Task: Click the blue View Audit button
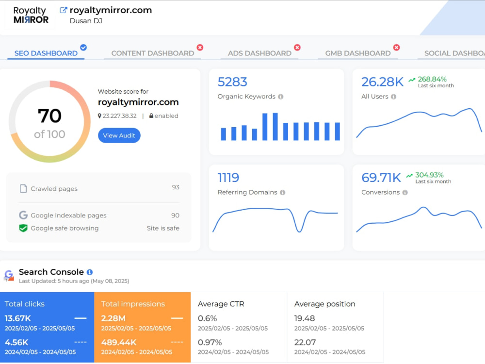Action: tap(119, 135)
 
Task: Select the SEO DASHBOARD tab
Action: tap(46, 53)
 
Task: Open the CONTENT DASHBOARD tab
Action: tap(152, 53)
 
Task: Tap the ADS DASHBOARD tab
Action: tap(259, 53)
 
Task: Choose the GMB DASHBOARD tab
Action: tap(358, 53)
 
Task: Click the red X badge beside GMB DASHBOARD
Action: tap(396, 48)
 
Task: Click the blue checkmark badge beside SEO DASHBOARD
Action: tap(83, 48)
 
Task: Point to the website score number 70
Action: tap(49, 116)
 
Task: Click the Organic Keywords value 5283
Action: tap(232, 82)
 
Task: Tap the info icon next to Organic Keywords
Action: tap(280, 97)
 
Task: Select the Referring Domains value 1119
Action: tap(228, 178)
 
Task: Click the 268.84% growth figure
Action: tap(432, 79)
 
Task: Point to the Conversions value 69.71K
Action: tap(381, 178)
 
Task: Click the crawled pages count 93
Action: tap(176, 187)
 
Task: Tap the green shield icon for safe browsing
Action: tap(23, 229)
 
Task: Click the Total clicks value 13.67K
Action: tap(17, 318)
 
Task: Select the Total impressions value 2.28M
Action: tap(113, 318)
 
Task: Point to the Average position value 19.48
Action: tap(305, 318)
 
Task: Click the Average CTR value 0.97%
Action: tap(210, 342)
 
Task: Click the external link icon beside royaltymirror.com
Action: tap(63, 10)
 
